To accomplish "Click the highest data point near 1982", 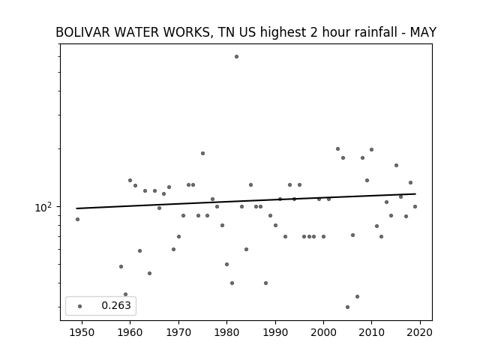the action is click(236, 57).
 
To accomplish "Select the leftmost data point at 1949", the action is click(77, 220).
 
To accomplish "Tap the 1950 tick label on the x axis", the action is click(82, 332).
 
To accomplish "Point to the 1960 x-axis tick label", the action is click(130, 332).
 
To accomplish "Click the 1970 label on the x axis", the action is click(178, 332).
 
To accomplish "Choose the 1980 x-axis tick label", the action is click(226, 332).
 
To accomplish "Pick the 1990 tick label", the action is click(275, 332).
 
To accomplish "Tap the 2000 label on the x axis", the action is click(323, 332).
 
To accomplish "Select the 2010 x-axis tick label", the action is click(372, 332).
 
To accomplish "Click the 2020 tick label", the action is click(420, 332).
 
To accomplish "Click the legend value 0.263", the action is click(116, 305).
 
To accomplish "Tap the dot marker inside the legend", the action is click(80, 306).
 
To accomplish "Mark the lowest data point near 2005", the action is click(347, 307).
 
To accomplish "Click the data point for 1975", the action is click(202, 153).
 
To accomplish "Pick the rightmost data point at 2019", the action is click(415, 207).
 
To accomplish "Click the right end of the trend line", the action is click(415, 193).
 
